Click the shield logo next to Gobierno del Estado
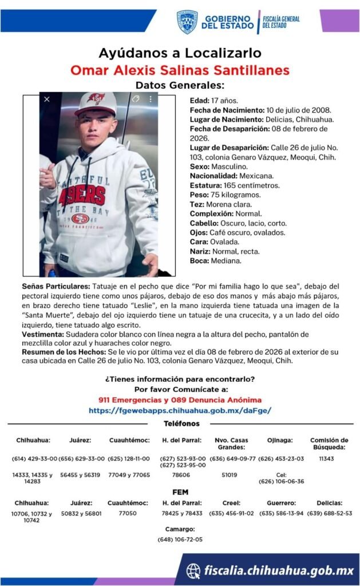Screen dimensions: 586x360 [x=187, y=22]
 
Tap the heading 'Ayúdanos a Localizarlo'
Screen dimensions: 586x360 [x=180, y=53]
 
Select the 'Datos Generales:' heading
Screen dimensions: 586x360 [x=180, y=85]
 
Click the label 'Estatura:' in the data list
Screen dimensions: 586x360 [x=206, y=185]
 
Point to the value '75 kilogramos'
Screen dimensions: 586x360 [x=231, y=195]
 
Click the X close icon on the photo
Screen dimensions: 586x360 [x=47, y=99]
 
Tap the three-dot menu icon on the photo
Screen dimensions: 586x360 [x=151, y=99]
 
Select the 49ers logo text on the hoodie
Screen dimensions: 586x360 [x=84, y=195]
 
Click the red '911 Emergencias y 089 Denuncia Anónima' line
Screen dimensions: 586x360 [x=180, y=399]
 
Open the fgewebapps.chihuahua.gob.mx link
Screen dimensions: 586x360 [x=180, y=410]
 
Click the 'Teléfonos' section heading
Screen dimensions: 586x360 [x=181, y=423]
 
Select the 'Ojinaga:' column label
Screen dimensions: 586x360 [x=280, y=440]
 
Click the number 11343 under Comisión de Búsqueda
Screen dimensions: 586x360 [x=326, y=459]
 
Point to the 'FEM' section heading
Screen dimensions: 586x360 [x=180, y=492]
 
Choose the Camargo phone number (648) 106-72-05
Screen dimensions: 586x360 [x=180, y=539]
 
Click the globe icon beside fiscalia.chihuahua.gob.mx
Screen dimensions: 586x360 [x=193, y=570]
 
